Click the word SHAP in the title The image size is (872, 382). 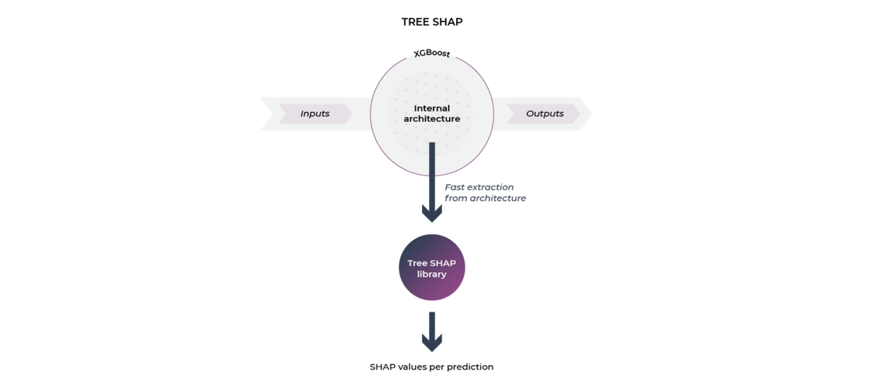point(448,22)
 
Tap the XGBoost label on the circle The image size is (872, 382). point(431,54)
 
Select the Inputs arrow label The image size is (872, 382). point(315,114)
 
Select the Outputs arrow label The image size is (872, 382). point(545,114)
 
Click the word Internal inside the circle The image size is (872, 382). point(431,107)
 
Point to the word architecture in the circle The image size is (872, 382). point(431,118)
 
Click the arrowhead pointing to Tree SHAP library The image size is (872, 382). point(431,213)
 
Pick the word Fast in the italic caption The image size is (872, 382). point(455,187)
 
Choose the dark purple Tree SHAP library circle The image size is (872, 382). point(431,268)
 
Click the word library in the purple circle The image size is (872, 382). point(431,275)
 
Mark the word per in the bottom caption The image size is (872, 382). point(437,368)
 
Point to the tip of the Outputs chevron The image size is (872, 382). point(591,114)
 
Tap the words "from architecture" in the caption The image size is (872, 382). point(485,199)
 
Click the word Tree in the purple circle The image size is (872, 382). point(417,263)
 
